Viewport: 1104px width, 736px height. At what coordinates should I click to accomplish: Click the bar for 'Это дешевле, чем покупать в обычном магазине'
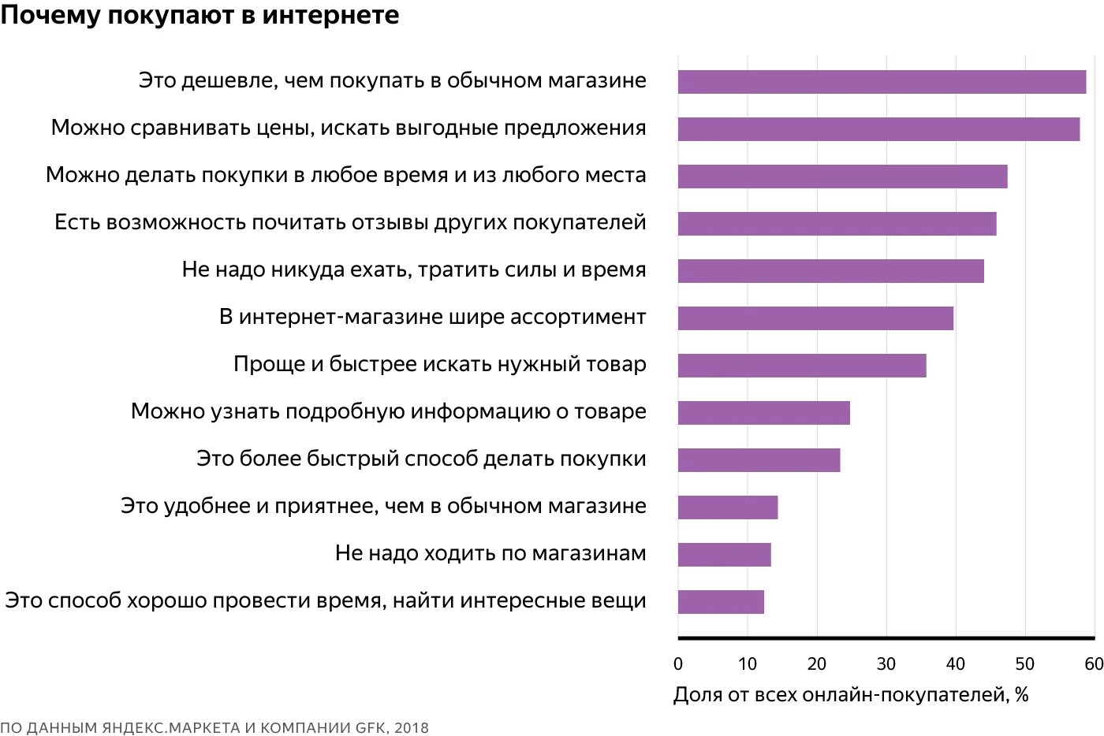tap(882, 82)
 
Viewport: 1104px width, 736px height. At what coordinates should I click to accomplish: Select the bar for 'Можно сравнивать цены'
tap(878, 129)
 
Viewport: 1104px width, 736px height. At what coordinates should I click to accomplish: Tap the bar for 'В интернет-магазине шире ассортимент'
tap(815, 318)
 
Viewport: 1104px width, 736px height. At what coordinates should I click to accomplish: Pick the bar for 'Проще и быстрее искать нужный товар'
tap(802, 366)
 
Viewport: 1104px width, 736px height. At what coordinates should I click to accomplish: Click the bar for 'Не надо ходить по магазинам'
tap(724, 555)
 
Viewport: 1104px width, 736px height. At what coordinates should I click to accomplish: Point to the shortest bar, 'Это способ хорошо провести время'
tap(721, 602)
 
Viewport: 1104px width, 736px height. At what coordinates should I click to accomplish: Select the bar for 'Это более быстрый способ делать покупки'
tap(759, 460)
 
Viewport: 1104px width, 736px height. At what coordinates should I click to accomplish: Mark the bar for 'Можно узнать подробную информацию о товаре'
tap(763, 413)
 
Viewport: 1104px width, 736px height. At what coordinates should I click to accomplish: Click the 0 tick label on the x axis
tap(678, 664)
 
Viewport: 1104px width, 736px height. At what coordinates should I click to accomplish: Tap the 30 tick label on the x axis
tap(886, 664)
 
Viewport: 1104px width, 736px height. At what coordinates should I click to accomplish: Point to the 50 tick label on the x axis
tap(1025, 664)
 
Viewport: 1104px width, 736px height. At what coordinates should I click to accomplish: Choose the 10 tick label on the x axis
tap(748, 664)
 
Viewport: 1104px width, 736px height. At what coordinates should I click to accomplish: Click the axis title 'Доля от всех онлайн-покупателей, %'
tap(851, 694)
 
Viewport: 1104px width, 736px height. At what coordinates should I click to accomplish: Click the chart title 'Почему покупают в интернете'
tap(200, 15)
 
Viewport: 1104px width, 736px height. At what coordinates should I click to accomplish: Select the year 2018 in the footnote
tap(412, 727)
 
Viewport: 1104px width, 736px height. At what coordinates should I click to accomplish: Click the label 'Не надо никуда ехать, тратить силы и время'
tap(414, 269)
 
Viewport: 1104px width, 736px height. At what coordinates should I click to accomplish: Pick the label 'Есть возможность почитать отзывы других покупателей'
tap(350, 222)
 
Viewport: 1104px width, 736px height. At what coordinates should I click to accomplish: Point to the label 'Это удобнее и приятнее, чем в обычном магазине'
tap(383, 506)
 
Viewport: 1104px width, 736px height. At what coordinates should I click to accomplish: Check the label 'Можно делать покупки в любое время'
tap(346, 175)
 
